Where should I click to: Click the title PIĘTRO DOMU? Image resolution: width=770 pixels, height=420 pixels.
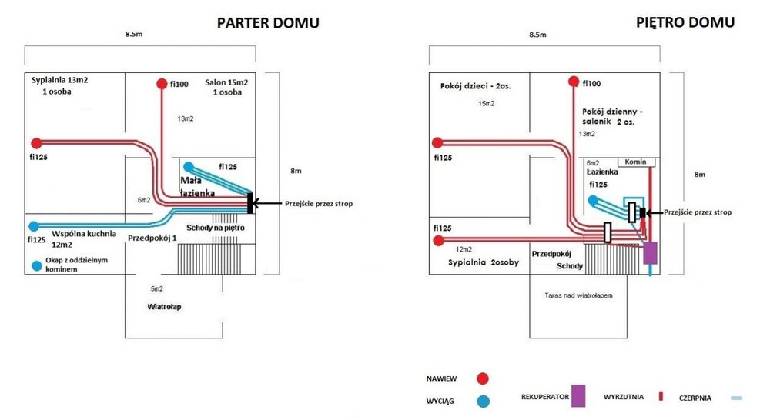click(x=685, y=22)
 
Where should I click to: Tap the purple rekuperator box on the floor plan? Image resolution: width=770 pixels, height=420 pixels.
click(x=651, y=252)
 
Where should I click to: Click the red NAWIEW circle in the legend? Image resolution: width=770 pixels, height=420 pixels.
click(x=482, y=378)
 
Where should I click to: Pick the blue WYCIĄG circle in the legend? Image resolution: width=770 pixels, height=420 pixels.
click(x=482, y=400)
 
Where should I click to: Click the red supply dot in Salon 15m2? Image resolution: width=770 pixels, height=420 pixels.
click(x=161, y=83)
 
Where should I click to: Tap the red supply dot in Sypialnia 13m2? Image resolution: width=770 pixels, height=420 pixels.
click(x=35, y=143)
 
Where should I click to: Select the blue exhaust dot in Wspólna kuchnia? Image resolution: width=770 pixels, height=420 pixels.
click(x=33, y=226)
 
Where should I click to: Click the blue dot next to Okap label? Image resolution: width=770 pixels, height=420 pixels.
click(x=36, y=266)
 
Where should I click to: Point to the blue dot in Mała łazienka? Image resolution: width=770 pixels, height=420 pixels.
click(x=189, y=166)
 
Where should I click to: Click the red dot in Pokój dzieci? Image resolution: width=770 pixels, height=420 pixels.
click(x=437, y=142)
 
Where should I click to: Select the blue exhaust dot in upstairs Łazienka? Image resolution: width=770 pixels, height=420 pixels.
click(x=594, y=200)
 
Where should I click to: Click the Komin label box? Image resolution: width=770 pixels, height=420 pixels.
click(x=641, y=162)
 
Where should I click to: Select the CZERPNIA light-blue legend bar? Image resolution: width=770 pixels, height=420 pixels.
click(x=736, y=398)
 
